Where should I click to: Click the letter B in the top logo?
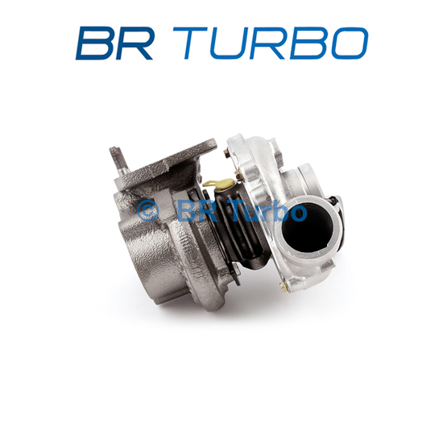94,43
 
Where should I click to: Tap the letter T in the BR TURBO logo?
190,43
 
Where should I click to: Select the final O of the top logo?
348,43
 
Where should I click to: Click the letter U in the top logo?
227,43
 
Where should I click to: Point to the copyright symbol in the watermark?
147,210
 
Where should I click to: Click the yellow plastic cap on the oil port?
219,184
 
